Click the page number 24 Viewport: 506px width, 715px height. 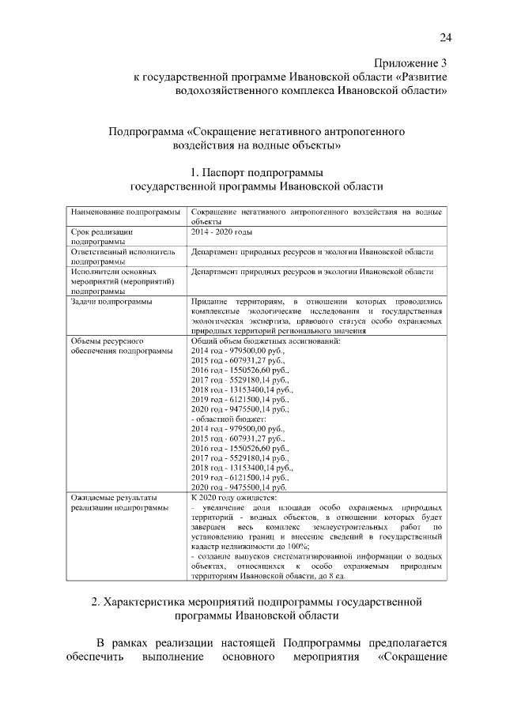(x=445, y=38)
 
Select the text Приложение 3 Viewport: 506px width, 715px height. (x=410, y=62)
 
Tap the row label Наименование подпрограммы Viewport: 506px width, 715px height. (x=125, y=213)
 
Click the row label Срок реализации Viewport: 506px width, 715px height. (x=101, y=233)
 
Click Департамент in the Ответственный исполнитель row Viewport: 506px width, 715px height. (x=217, y=252)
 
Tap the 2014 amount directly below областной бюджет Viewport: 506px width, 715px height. (x=237, y=428)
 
